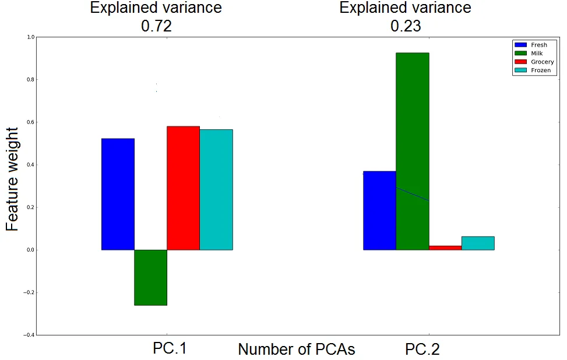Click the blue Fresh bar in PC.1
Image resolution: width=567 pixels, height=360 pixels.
[x=118, y=194]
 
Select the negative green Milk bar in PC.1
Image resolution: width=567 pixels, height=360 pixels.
[x=150, y=277]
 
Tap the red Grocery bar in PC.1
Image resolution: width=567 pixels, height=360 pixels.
[x=183, y=188]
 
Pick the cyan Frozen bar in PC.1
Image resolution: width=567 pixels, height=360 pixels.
[x=216, y=189]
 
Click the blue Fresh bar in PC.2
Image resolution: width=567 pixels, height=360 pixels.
[x=379, y=210]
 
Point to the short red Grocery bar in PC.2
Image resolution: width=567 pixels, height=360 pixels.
[x=445, y=248]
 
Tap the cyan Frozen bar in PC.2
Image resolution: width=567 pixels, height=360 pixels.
[x=478, y=243]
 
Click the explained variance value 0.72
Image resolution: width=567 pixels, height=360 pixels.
[x=156, y=26]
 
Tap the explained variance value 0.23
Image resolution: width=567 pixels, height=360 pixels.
[x=405, y=26]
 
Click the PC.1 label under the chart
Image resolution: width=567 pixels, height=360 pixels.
[x=170, y=349]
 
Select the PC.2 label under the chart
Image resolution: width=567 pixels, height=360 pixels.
[x=422, y=350]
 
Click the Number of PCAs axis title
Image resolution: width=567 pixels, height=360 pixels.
[x=296, y=350]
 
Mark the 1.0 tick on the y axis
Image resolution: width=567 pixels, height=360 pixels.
[x=31, y=37]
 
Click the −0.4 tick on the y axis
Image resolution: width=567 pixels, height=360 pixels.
[x=29, y=335]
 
